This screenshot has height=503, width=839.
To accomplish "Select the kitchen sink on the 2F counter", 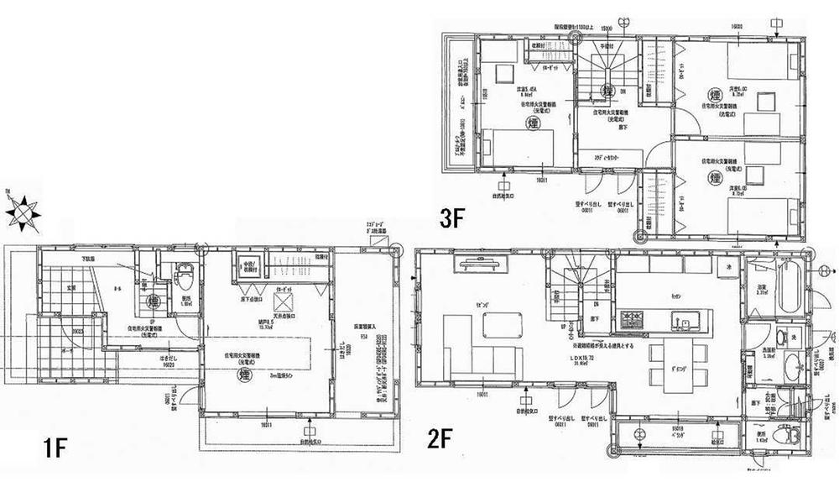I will (x=681, y=319).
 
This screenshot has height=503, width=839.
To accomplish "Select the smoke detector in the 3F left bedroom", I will (x=533, y=123).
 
